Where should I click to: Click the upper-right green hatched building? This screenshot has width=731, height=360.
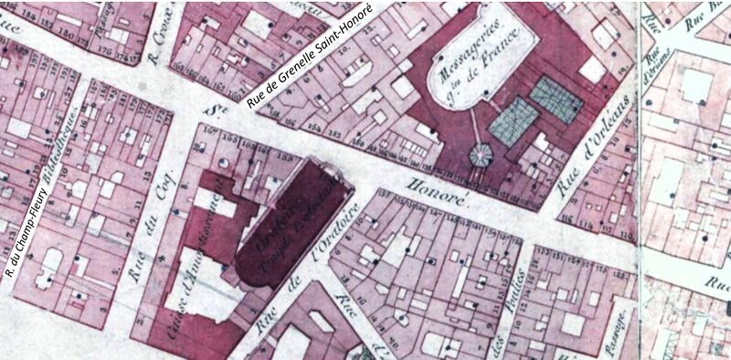click(556, 99)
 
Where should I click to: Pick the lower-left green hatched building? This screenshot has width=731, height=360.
click(513, 121)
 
